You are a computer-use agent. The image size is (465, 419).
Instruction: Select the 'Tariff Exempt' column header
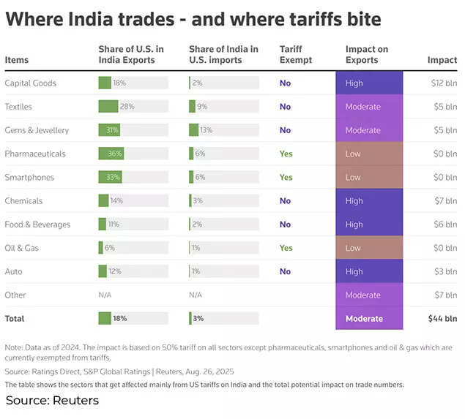coord(295,55)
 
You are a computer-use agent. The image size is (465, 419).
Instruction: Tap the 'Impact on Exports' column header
coord(366,55)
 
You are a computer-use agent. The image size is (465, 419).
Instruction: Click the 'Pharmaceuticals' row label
coord(35,154)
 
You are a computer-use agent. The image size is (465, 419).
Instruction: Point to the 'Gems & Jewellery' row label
coord(37,130)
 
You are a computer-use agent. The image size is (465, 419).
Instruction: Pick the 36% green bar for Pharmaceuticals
coord(111,154)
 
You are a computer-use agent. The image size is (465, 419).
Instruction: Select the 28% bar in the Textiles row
coord(108,107)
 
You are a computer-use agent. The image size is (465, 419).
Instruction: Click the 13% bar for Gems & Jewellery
coord(193,130)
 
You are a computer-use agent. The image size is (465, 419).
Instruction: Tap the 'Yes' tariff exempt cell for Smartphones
coord(286,177)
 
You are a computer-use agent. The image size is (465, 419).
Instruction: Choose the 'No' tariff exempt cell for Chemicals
coord(285,201)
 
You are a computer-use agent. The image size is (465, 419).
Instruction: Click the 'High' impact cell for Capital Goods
coord(369,83)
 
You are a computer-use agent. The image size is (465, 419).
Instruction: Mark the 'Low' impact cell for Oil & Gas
coord(369,248)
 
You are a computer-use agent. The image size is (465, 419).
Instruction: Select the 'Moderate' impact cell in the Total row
coord(369,319)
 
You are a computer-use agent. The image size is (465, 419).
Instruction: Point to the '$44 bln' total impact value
coord(442,319)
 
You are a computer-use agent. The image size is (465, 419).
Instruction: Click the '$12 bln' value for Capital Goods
coord(444,83)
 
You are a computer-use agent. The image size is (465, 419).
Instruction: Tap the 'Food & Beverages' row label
coord(37,224)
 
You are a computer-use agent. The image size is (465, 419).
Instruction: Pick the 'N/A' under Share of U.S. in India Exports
coord(105,295)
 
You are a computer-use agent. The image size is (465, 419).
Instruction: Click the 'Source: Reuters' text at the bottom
coord(52,401)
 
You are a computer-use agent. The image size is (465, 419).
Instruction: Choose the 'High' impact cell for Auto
coord(369,271)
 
